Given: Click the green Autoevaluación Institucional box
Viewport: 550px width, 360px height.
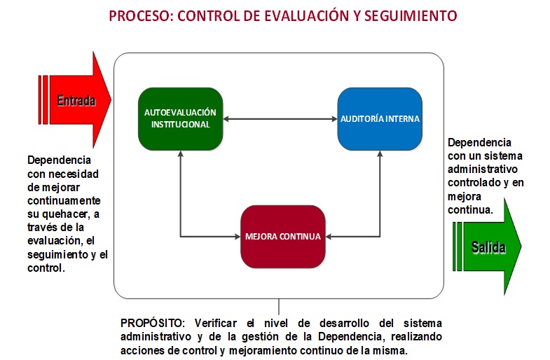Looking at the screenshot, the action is tap(180, 119).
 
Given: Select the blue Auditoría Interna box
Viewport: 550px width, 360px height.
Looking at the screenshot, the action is tap(380, 119).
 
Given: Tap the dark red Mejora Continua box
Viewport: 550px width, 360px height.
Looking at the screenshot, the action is tap(283, 237).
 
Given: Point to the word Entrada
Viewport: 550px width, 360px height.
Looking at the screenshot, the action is tap(76, 101).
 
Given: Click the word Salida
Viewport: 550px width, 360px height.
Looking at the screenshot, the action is tap(488, 247).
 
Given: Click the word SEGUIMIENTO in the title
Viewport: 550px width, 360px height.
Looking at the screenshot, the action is tap(411, 16).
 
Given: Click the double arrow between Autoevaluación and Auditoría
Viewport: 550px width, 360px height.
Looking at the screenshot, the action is tap(280, 119).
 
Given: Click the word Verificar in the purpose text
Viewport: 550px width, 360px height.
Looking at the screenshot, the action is tap(215, 323).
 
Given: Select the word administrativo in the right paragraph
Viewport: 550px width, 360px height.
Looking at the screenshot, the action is tap(482, 169).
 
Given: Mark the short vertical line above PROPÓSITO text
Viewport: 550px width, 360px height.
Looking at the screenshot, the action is tap(279, 307).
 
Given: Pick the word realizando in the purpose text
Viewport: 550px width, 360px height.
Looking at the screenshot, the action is tap(416, 336).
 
